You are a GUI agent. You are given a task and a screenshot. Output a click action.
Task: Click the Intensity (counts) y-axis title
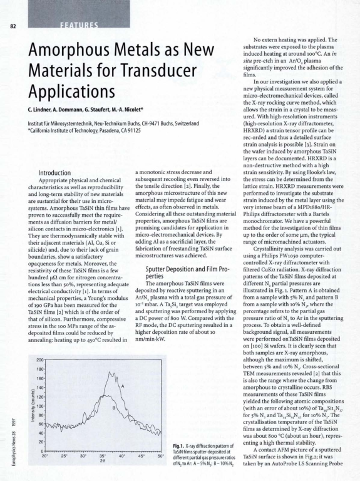tap(26, 397)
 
